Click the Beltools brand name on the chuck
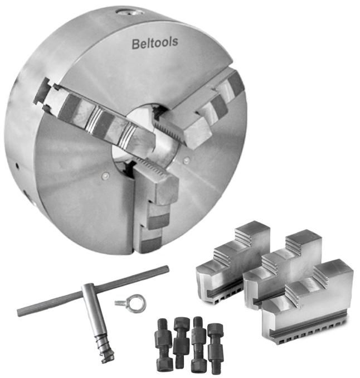pos(155,43)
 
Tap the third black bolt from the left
pos(198,343)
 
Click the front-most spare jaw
pos(308,303)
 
